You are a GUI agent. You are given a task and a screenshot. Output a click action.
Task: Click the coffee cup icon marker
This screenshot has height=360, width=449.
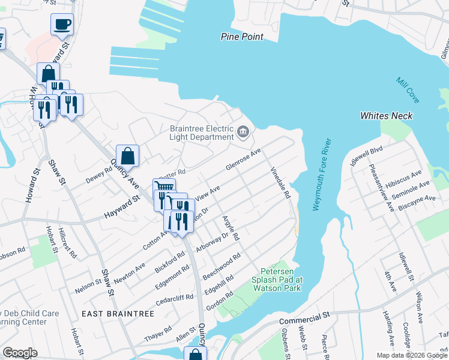coord(62,25)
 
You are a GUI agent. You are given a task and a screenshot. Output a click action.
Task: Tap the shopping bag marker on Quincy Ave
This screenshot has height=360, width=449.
coord(127,156)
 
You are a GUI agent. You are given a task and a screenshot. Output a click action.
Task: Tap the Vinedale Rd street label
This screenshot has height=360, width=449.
coord(280,182)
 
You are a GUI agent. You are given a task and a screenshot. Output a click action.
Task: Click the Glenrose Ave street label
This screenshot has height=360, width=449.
coord(244,160)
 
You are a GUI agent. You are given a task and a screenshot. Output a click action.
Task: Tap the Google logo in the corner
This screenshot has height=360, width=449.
coord(20,353)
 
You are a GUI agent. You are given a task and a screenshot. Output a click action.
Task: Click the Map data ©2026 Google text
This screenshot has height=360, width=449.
coord(412,355)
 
